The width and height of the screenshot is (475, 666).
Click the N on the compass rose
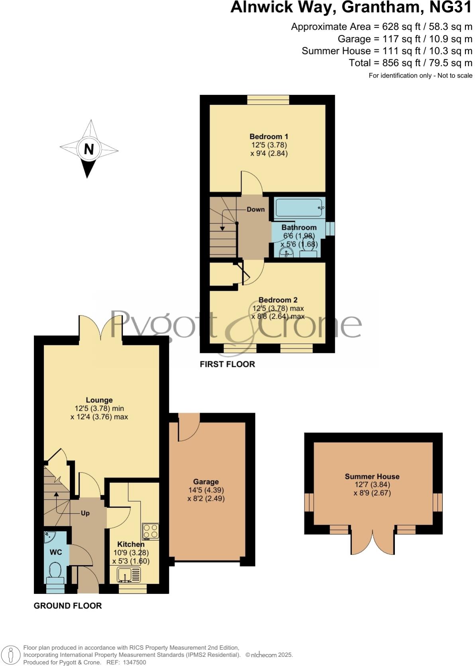tap(88, 149)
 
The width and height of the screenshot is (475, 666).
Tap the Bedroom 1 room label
tap(269, 137)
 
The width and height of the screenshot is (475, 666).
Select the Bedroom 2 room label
tap(278, 300)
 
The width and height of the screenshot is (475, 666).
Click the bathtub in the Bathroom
tap(299, 207)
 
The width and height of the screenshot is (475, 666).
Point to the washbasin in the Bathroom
tap(286, 253)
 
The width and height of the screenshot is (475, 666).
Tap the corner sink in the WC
tap(49, 536)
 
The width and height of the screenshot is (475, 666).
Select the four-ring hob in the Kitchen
tap(150, 531)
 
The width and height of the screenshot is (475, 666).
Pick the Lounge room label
tap(99, 400)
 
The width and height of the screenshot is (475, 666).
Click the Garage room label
tap(206, 482)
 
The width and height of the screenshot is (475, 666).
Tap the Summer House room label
tap(372, 476)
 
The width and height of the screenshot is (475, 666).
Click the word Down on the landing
tap(255, 210)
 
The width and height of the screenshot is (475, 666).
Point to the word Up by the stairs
tap(85, 513)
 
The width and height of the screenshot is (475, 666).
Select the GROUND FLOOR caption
tap(68, 605)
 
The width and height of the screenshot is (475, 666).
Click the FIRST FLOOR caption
tap(227, 364)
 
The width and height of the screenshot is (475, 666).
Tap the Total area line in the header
tap(410, 63)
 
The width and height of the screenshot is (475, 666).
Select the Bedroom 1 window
tap(268, 100)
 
